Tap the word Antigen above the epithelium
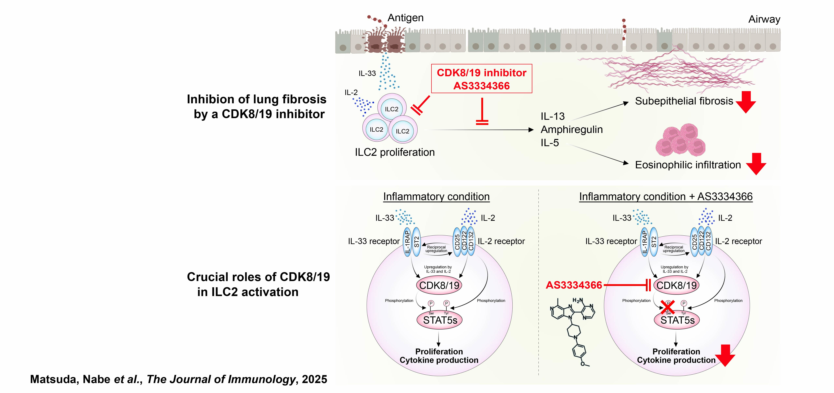(405, 18)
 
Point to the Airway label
(764, 19)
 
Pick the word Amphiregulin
(571, 130)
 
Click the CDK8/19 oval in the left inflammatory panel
(439, 285)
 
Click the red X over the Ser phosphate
(668, 307)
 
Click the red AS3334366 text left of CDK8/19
(574, 285)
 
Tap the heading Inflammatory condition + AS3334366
(666, 196)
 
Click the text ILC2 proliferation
(395, 152)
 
